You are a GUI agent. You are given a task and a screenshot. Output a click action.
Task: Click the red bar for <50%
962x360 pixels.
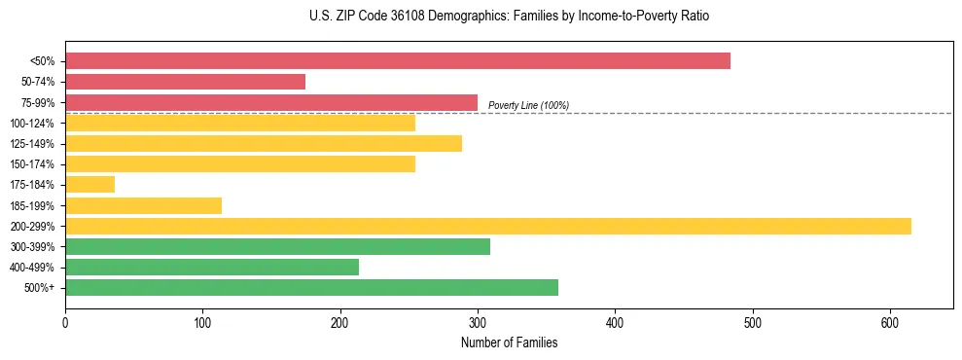point(397,61)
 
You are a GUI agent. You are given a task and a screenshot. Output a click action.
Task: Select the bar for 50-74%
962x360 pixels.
point(185,82)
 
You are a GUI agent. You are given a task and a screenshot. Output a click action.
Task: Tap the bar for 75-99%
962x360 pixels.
point(271,102)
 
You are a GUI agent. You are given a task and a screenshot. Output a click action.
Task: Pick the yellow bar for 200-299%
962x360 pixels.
point(487,226)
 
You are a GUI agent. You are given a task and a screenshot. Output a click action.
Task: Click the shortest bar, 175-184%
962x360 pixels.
point(89,185)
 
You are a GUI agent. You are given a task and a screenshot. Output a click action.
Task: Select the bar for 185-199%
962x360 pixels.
point(143,205)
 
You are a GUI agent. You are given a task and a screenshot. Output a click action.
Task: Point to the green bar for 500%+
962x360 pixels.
point(311,287)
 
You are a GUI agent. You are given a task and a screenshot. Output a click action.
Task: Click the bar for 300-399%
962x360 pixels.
point(277,246)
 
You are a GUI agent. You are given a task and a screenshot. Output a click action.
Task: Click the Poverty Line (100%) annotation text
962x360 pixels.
point(528,105)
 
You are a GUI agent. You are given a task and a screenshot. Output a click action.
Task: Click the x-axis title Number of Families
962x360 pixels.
point(509,342)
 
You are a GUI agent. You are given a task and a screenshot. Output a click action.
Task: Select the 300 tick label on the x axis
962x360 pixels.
point(478,324)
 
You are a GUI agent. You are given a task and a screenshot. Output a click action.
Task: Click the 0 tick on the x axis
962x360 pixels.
point(65,324)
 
